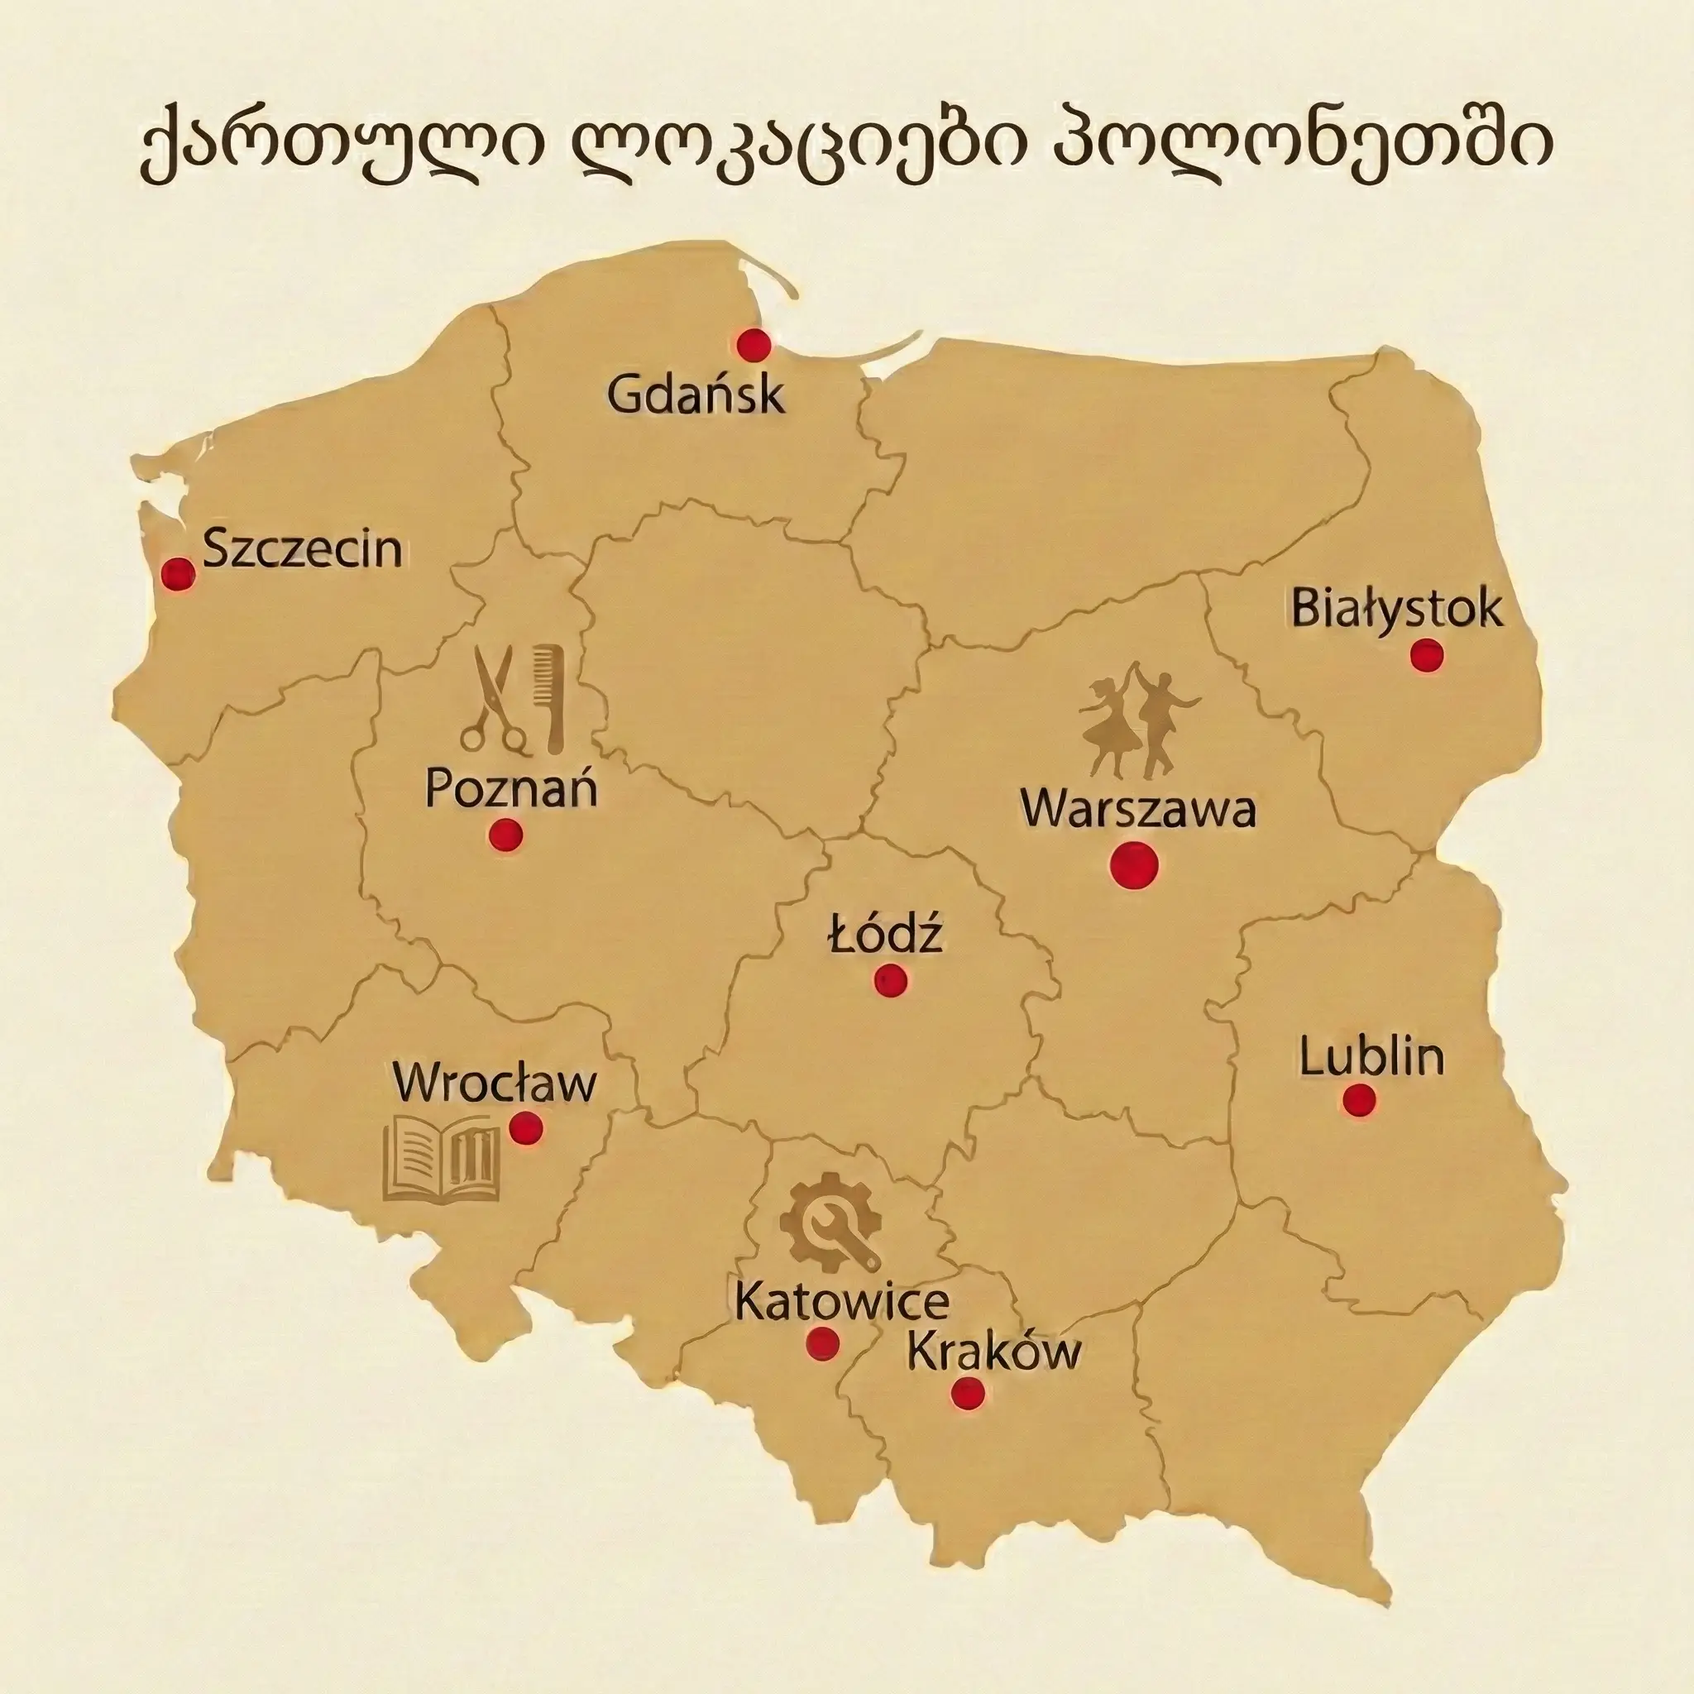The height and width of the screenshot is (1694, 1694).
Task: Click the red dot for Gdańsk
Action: [x=754, y=346]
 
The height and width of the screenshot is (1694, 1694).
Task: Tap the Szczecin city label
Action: [x=303, y=550]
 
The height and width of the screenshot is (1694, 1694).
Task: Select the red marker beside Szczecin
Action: [x=179, y=574]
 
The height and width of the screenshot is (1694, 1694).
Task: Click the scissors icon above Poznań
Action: [x=494, y=701]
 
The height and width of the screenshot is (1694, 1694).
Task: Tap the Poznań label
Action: [x=511, y=787]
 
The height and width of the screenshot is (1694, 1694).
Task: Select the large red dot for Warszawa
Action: [x=1134, y=865]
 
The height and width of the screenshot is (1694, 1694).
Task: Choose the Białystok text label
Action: [x=1397, y=608]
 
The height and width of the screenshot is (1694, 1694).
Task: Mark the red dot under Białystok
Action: [x=1427, y=655]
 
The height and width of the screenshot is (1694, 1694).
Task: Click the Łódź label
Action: [x=886, y=934]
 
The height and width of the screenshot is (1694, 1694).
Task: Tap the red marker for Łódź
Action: [x=890, y=979]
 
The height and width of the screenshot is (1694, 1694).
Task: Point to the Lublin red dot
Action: [x=1359, y=1099]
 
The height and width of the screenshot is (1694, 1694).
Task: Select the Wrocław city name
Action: [x=495, y=1084]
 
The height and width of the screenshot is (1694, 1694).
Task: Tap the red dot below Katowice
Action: [x=821, y=1342]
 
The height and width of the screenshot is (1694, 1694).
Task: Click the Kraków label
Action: [x=993, y=1352]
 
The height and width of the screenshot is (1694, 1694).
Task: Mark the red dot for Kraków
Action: [x=967, y=1392]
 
